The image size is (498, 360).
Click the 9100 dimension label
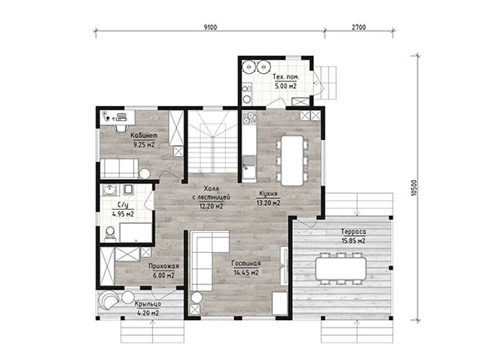point(210,27)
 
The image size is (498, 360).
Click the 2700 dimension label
point(359,27)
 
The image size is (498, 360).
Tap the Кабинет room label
point(144,135)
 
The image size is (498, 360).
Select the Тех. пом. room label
point(286,77)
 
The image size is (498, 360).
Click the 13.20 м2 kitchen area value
point(268,203)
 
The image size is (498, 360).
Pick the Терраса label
point(354,231)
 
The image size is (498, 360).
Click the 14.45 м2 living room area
point(247,272)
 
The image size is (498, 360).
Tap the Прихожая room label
point(164,266)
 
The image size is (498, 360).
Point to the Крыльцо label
point(148,304)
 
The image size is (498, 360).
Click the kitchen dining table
point(292,161)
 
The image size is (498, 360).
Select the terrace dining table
point(341,268)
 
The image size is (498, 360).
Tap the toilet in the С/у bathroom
point(110,234)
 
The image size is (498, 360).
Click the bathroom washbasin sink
point(110,190)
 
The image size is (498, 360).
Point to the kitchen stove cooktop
point(249,118)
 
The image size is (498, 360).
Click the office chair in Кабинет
point(120,129)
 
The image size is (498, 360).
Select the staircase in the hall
point(212,142)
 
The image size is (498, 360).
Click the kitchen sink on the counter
point(249,162)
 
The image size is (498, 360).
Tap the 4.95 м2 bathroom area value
point(123,214)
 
